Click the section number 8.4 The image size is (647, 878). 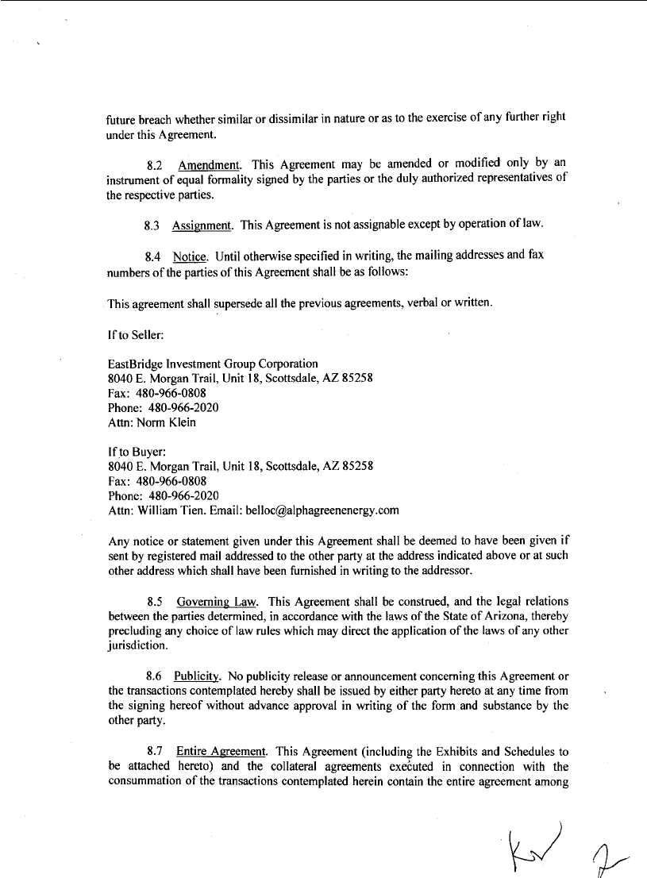(x=154, y=257)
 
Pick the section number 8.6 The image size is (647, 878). (x=156, y=676)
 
